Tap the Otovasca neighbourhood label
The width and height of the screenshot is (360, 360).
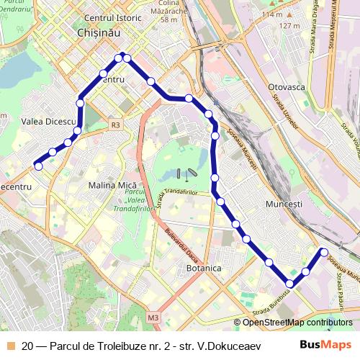(x=287, y=86)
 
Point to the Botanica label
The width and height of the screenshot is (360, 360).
(x=204, y=268)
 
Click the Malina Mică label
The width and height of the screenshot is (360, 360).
(x=108, y=186)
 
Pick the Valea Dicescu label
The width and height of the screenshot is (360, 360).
(x=49, y=122)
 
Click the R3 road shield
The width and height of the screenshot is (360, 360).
(x=115, y=125)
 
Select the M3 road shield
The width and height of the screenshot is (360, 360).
(x=153, y=317)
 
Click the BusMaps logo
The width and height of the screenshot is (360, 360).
(x=326, y=345)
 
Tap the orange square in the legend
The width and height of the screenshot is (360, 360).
(x=10, y=345)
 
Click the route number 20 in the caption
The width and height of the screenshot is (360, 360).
(x=27, y=345)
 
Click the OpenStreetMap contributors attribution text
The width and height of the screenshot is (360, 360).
(x=297, y=323)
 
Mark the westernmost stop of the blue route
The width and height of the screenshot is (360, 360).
(x=38, y=166)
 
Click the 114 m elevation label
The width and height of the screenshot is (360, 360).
(x=272, y=14)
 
